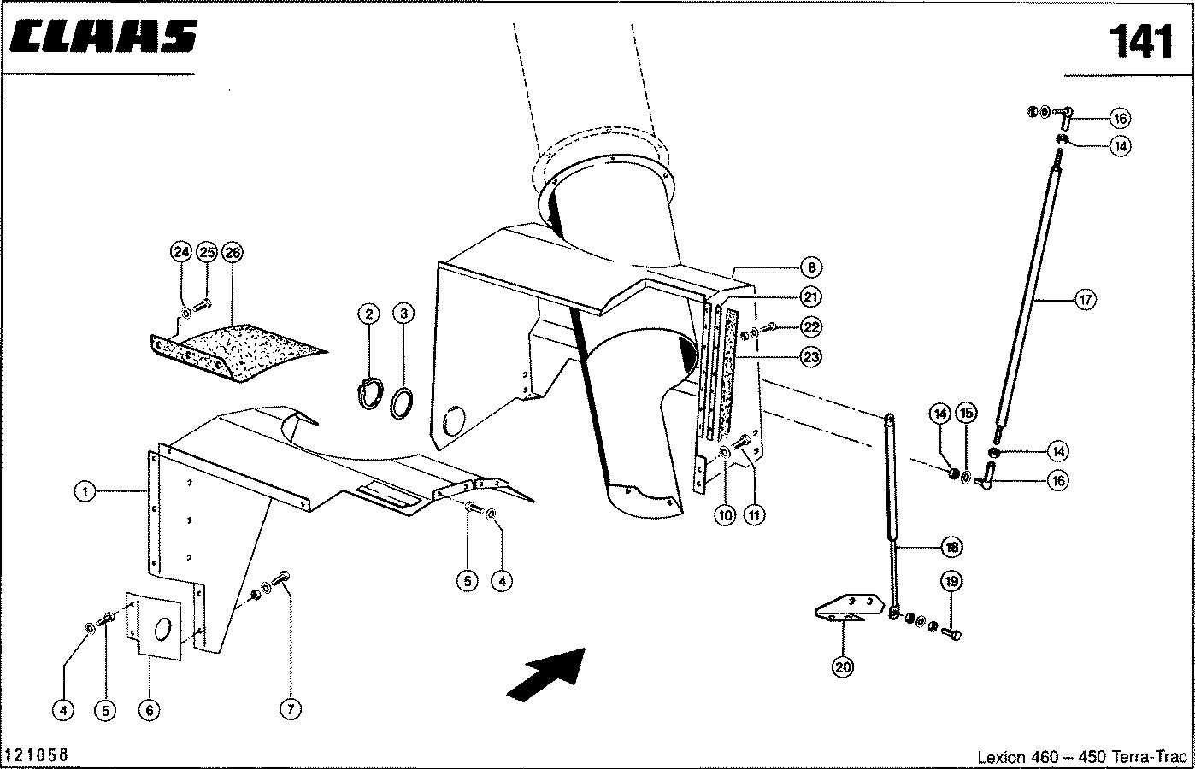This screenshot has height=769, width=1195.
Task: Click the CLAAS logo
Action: [x=103, y=37]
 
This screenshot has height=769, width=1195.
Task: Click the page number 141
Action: [x=1141, y=42]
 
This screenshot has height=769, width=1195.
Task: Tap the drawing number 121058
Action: [x=36, y=755]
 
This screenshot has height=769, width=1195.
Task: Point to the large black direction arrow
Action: [x=547, y=675]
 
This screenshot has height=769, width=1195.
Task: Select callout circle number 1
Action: [x=85, y=491]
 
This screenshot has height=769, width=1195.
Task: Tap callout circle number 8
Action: [x=811, y=267]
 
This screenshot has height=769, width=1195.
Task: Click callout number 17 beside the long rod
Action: [x=1086, y=300]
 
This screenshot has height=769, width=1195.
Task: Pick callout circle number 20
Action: [x=842, y=667]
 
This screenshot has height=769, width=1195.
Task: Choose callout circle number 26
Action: [x=233, y=252]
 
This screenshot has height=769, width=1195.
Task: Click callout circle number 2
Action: [x=368, y=314]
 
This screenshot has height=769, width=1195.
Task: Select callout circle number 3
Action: [x=403, y=313]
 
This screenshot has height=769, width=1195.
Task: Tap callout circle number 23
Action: [x=811, y=357]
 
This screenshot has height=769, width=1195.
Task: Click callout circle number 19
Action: [x=951, y=581]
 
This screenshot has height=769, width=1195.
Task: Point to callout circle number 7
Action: [x=291, y=708]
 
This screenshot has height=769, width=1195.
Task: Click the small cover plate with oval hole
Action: [x=154, y=626]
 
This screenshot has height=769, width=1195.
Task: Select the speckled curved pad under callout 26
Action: [x=240, y=352]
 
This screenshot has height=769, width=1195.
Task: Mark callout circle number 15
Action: [x=966, y=414]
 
